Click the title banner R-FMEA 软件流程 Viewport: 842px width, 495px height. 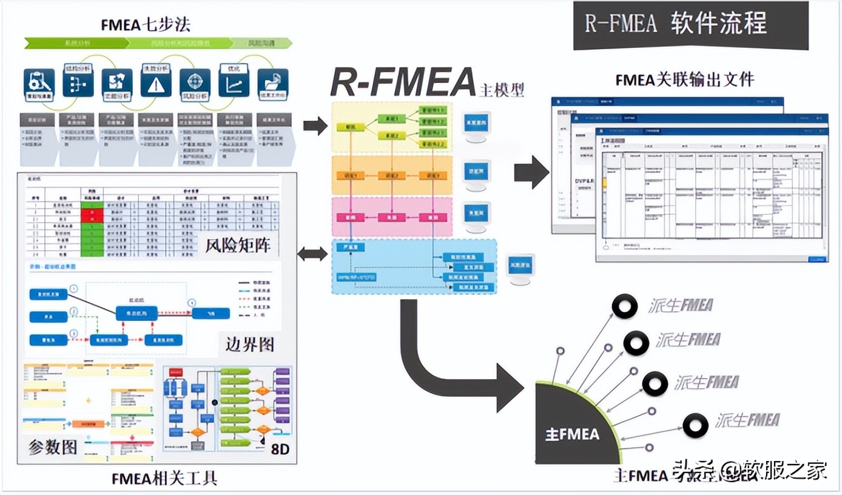coord(690,24)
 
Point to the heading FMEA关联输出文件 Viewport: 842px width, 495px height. coord(684,80)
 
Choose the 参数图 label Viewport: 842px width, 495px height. coord(53,447)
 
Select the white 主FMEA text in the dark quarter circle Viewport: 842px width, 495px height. coord(571,434)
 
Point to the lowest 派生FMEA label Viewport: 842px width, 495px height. coord(746,420)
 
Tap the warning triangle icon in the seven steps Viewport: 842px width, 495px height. coord(156,83)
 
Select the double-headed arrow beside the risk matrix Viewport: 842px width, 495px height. coord(312,254)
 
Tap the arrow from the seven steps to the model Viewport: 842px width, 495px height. coord(315,126)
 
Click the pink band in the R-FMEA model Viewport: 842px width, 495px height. coord(391,217)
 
